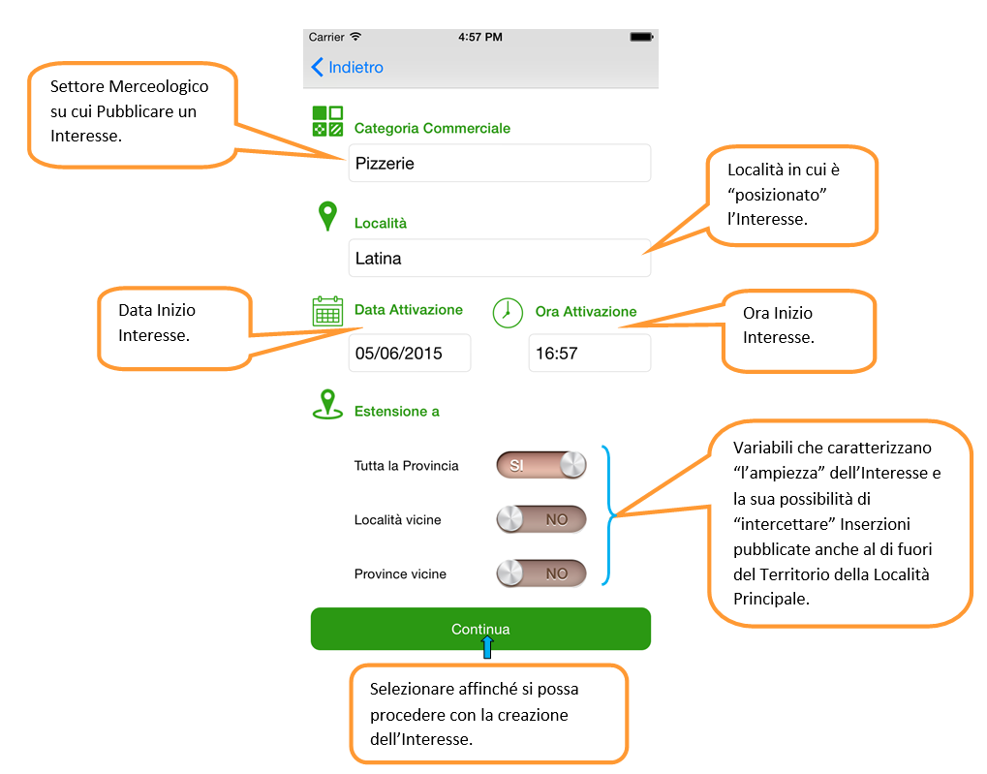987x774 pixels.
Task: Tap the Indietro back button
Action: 347,67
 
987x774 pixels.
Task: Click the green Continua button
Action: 480,629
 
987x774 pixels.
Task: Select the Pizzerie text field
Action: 499,163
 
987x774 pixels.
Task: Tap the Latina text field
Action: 499,259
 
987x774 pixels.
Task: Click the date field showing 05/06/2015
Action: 409,353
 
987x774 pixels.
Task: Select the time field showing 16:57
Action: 589,353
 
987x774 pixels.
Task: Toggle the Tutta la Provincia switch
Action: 541,465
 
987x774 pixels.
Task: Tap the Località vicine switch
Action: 541,519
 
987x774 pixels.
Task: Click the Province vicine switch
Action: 541,573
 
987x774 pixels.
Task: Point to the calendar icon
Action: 327,311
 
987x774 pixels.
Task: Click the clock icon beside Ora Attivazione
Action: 508,313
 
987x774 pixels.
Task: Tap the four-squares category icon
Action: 327,121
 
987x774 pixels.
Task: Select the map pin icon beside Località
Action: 327,216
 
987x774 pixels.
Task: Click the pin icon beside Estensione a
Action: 327,404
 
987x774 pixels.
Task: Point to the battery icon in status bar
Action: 641,37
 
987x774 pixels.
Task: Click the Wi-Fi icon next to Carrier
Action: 355,37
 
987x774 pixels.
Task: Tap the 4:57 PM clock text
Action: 480,37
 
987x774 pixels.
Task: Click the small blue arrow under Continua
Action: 486,647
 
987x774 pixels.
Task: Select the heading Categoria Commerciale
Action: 432,128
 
